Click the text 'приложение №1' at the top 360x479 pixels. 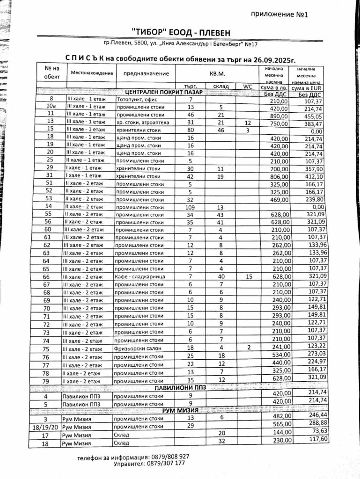click(279, 15)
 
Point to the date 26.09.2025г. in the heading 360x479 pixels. click(270, 60)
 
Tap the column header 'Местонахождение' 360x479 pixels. click(92, 73)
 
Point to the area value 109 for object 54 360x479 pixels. click(190, 207)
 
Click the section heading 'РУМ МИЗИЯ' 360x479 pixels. click(180, 410)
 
